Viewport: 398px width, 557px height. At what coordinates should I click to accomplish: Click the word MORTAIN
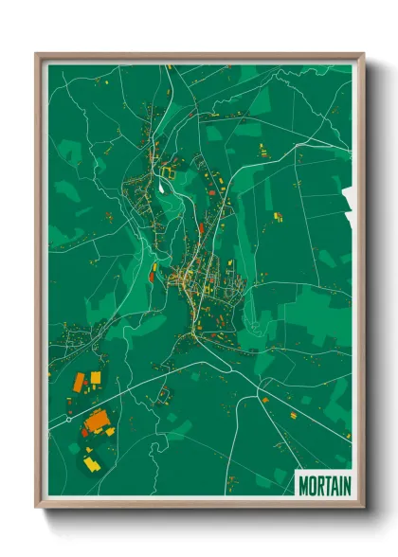coord(324,486)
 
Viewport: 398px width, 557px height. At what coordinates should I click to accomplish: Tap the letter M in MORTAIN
coord(304,486)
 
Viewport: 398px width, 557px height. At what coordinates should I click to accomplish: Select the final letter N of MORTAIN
coord(346,486)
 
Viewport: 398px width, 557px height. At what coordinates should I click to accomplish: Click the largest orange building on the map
coord(97,420)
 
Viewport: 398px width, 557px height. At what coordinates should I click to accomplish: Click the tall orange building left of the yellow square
coord(80,382)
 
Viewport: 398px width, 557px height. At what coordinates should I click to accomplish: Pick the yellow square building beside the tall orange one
coord(95,378)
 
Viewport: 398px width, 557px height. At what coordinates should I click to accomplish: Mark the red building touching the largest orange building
coord(84,431)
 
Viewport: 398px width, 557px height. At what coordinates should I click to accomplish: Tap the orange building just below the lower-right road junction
coord(264,400)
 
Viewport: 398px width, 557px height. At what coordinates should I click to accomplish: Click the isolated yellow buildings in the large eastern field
coord(279,216)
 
